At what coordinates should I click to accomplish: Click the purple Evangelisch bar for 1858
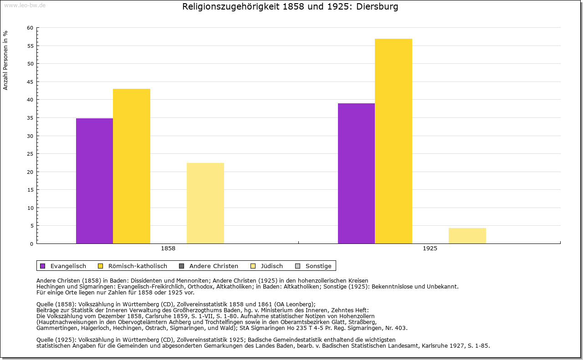pyautogui.click(x=94, y=181)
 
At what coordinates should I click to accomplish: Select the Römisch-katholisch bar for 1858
pyautogui.click(x=132, y=166)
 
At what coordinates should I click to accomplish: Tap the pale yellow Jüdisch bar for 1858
pyautogui.click(x=205, y=203)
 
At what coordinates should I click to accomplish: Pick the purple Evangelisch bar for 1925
pyautogui.click(x=356, y=173)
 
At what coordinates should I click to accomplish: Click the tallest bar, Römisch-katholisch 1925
pyautogui.click(x=394, y=141)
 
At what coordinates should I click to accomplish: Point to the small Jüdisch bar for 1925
pyautogui.click(x=467, y=236)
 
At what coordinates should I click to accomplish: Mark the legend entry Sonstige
pyautogui.click(x=318, y=266)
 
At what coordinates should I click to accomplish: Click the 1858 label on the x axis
pyautogui.click(x=168, y=249)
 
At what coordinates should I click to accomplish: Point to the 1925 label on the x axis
pyautogui.click(x=430, y=249)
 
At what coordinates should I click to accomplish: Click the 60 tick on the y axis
pyautogui.click(x=30, y=28)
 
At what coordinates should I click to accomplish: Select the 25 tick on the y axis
pyautogui.click(x=30, y=154)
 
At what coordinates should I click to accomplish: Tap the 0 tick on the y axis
pyautogui.click(x=31, y=244)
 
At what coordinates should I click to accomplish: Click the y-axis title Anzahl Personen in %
pyautogui.click(x=5, y=60)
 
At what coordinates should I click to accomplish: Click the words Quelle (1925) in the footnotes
pyautogui.click(x=56, y=340)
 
